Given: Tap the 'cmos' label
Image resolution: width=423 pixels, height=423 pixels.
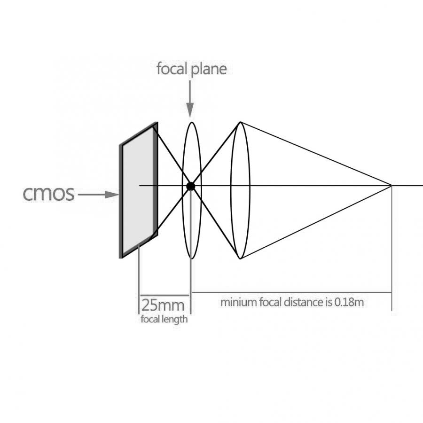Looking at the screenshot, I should tap(49, 194).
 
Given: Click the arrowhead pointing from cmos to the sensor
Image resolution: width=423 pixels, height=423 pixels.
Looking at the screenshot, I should tap(112, 194).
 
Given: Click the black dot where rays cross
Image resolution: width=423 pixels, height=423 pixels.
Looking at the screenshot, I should tap(190, 186).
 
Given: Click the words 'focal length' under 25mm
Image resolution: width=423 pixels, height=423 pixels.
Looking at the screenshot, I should tap(164, 320).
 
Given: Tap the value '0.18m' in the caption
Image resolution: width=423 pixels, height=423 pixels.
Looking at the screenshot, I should tap(349, 302).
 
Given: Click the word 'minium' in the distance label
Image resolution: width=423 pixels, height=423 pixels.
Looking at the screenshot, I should tap(239, 302).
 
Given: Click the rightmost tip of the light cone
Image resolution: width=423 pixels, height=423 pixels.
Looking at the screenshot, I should tap(391, 186).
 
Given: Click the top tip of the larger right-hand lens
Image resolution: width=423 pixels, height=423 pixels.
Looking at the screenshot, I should tap(241, 122).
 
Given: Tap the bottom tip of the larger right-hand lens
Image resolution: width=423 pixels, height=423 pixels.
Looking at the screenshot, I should tap(241, 258).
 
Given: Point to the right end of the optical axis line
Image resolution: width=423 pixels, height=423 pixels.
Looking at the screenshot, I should tap(421, 186).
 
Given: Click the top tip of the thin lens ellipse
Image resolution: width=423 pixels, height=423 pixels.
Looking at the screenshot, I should tap(191, 123).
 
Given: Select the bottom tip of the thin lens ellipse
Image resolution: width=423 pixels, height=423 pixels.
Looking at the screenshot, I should tap(191, 258).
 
